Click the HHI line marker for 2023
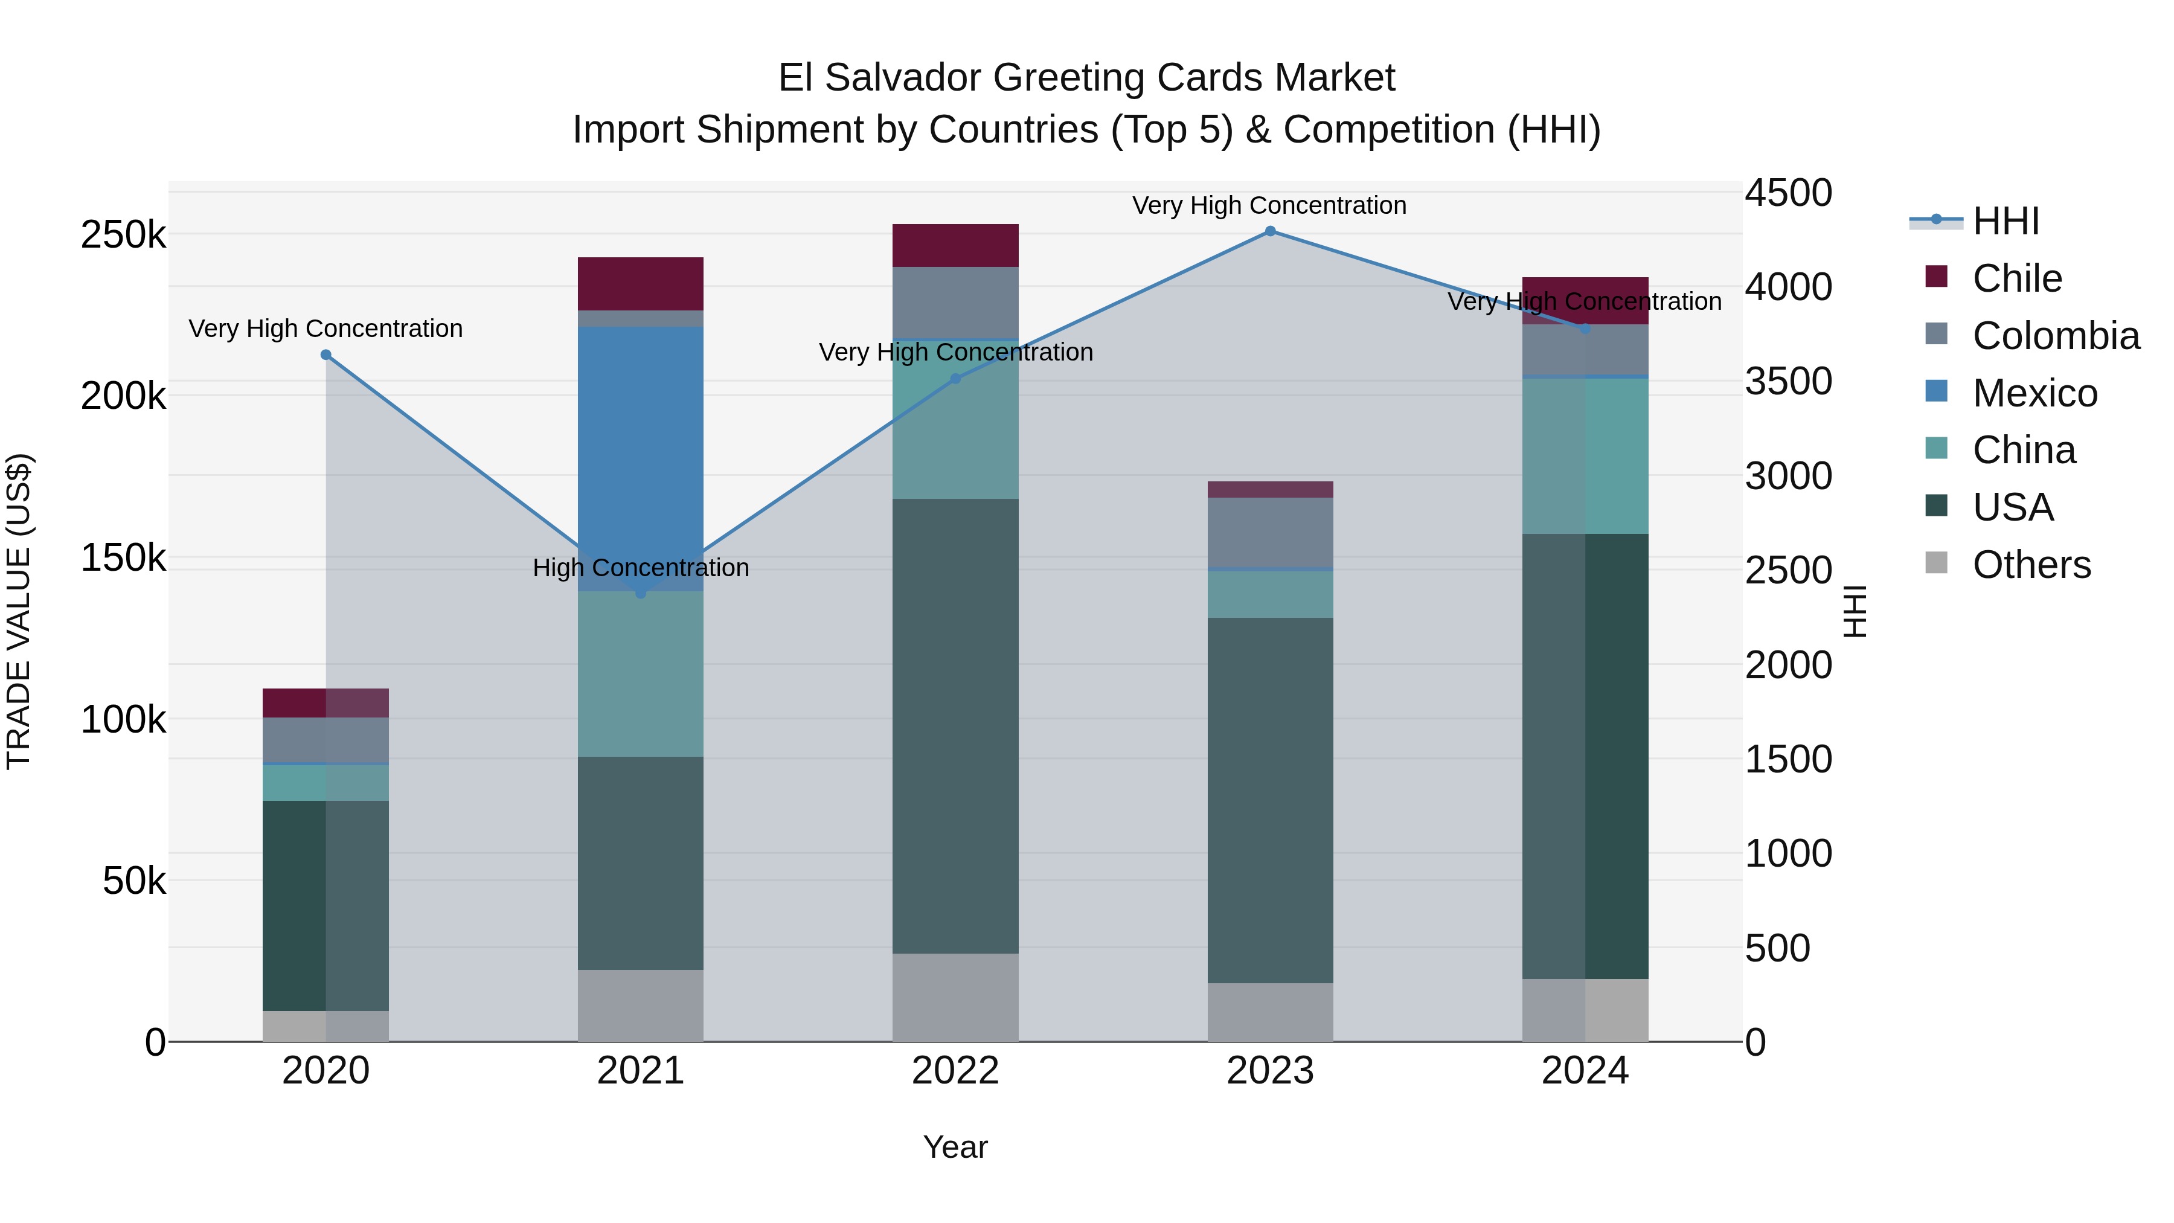1270,231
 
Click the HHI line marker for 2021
641,593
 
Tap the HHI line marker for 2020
325,355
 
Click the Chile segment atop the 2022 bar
955,246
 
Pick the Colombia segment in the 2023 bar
1270,533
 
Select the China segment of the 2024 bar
1585,456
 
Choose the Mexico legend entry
2034,393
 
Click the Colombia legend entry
2055,336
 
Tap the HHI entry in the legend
2005,221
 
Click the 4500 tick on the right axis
1788,193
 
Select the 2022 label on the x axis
955,1071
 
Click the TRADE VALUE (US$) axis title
19,611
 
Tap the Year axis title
955,1147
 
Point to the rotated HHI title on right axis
1854,611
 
